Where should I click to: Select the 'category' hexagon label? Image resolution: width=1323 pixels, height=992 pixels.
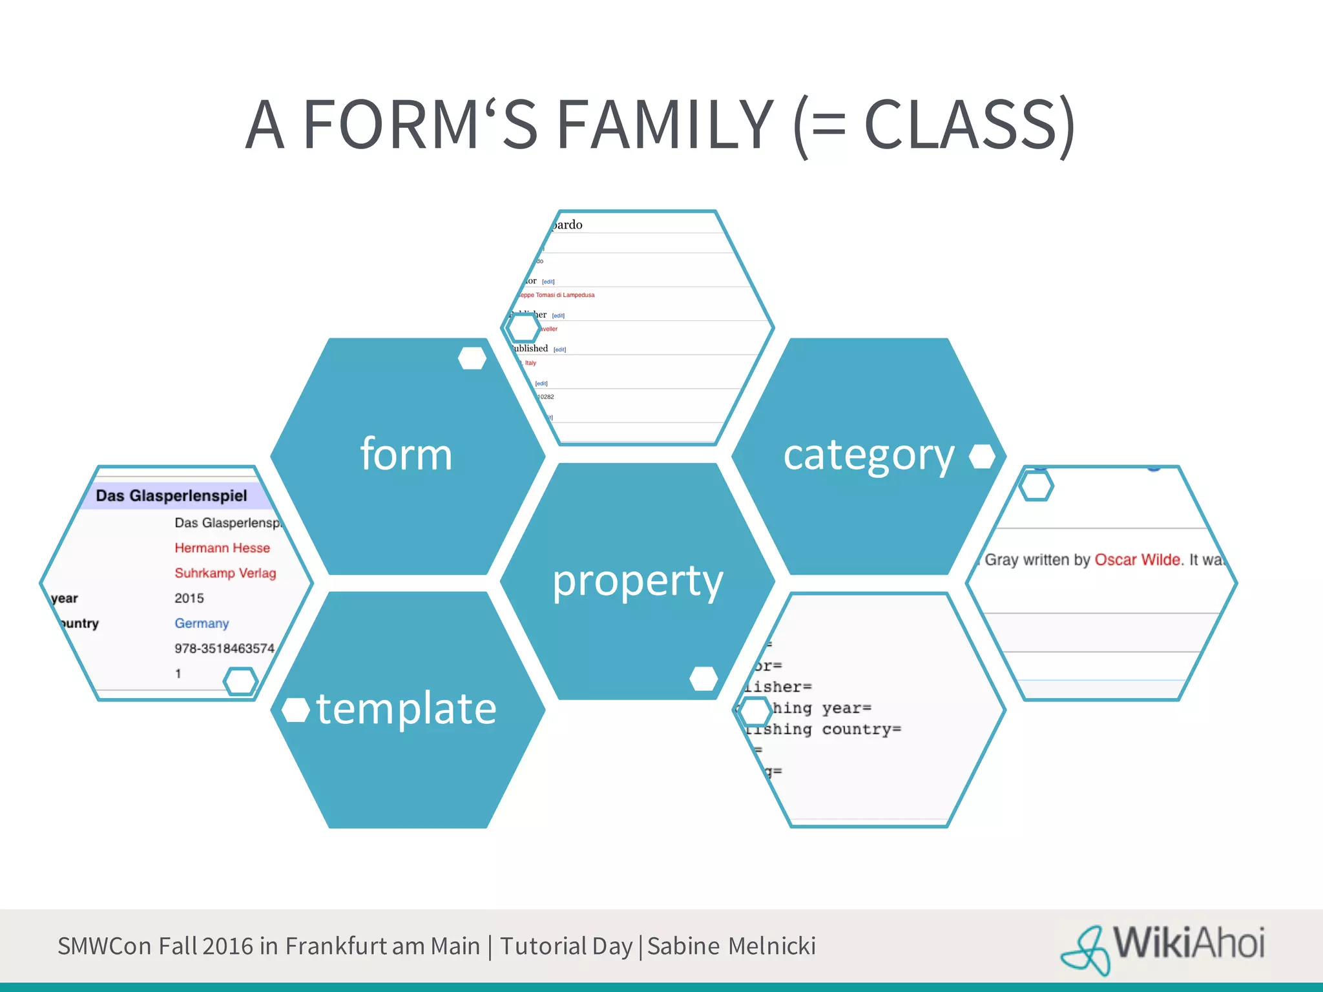(868, 456)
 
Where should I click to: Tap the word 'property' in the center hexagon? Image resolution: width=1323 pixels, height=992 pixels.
(638, 581)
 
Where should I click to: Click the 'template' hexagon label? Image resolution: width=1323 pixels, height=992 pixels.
(406, 708)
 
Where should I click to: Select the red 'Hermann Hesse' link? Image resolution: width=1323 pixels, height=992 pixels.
(222, 548)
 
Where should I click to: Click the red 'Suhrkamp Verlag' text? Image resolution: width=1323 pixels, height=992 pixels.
(225, 573)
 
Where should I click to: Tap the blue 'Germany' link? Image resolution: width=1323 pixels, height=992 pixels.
(202, 623)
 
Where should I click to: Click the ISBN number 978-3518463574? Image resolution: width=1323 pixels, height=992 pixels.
(224, 648)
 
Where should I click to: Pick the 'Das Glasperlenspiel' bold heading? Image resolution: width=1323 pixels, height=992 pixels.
(171, 496)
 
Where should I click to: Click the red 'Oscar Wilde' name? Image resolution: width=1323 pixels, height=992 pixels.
(1137, 560)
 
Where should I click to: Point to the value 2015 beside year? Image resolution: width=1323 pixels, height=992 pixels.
(189, 598)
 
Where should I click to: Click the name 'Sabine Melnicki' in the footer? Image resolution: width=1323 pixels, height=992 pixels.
(731, 946)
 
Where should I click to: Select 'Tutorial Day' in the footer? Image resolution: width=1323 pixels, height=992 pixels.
(566, 946)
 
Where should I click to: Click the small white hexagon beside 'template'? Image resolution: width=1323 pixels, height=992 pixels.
(296, 710)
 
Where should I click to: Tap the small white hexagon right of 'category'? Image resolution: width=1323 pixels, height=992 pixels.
(982, 456)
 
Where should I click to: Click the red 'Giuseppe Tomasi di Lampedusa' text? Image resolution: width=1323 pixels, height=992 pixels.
(557, 295)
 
